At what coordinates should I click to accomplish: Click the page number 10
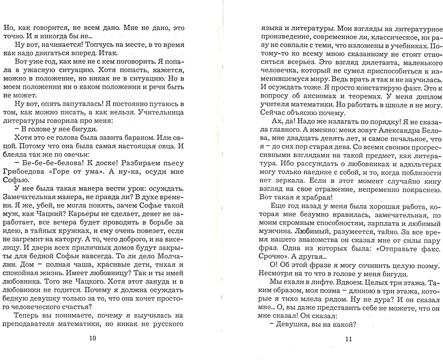pyautogui.click(x=92, y=338)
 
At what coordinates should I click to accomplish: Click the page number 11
pyautogui.click(x=348, y=339)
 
